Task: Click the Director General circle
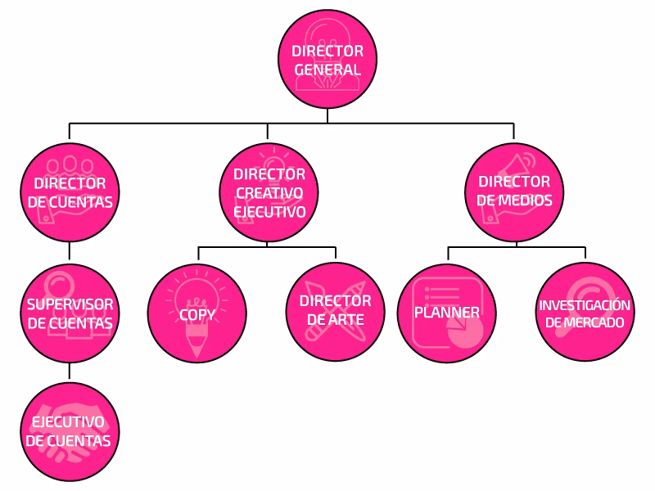coord(327,60)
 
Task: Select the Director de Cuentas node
coord(70,192)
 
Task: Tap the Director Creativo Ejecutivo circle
coord(269,193)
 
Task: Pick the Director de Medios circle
coord(514,191)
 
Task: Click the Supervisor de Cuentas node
coord(70,313)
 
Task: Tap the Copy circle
coord(197,313)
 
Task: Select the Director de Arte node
coord(336,311)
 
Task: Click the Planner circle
coord(447,313)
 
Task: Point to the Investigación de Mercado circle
coord(585,312)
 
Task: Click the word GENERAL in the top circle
coord(327,70)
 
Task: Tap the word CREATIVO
coord(269,193)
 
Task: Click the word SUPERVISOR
coord(70,304)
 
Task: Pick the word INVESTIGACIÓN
coord(585,305)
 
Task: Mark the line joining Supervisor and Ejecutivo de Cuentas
coord(70,372)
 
